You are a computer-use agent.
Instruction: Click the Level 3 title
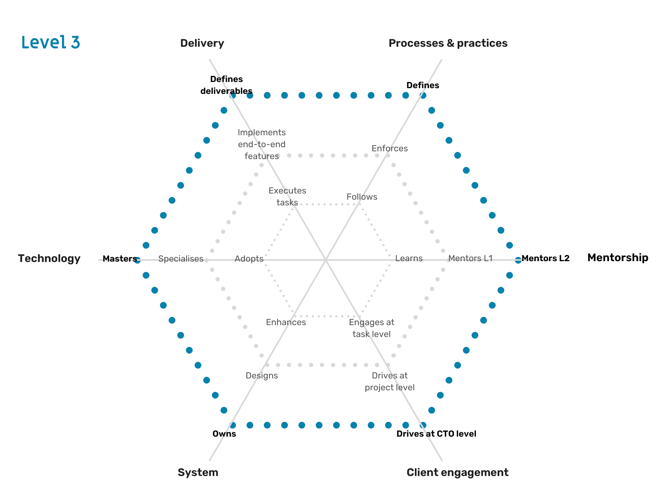tap(50, 42)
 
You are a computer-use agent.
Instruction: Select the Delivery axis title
tap(202, 43)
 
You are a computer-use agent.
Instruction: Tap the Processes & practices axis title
tap(448, 43)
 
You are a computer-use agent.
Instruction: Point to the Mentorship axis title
tap(617, 257)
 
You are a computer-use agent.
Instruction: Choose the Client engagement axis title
tap(457, 472)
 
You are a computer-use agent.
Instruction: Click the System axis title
tap(198, 472)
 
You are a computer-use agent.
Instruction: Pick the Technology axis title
tap(49, 258)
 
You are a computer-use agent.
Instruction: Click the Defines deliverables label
tap(226, 85)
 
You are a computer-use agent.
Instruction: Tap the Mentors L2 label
tap(545, 258)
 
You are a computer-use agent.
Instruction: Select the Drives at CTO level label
tap(436, 434)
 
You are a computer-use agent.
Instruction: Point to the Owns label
tap(224, 434)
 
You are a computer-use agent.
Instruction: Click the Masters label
tap(120, 259)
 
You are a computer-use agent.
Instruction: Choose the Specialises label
tap(181, 259)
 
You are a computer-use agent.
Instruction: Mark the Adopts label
tap(249, 259)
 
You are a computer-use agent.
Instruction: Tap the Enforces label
tap(389, 148)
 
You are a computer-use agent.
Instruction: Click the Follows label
tap(362, 197)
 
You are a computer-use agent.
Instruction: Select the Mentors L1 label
tap(470, 258)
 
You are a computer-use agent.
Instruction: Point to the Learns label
tap(409, 258)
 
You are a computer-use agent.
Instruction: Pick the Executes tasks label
tap(287, 196)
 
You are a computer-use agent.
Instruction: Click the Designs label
tap(262, 376)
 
